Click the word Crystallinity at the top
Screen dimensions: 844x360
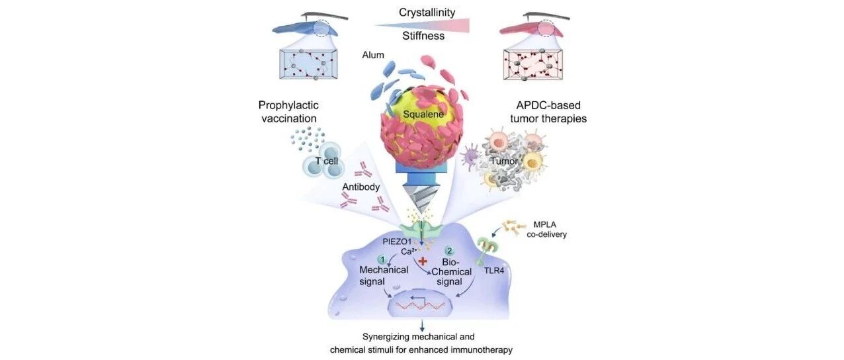427,13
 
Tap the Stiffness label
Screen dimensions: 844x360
423,36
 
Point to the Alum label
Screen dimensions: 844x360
373,55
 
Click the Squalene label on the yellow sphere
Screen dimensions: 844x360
423,114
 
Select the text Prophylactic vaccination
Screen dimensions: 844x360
288,112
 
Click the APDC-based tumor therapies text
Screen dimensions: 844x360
548,112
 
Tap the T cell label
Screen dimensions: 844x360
327,161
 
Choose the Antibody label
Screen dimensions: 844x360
360,187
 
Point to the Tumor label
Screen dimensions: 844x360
504,161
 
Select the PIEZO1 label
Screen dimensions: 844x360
397,242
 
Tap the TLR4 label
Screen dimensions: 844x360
494,270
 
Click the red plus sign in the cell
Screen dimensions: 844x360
423,261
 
